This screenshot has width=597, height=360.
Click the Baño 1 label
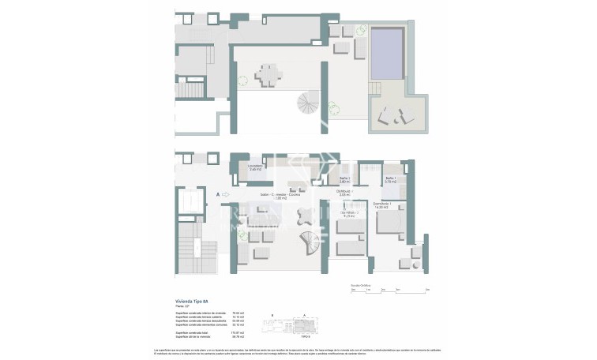point(390,180)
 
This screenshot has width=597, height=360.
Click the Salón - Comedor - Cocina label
point(280,195)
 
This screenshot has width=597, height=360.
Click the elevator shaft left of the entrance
point(190,201)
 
